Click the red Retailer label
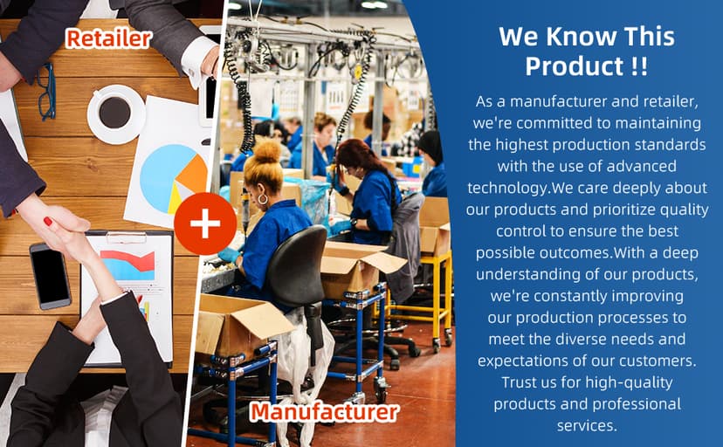[x=108, y=38]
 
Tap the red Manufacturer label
[x=324, y=411]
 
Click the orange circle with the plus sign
[x=205, y=223]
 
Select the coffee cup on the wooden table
[x=116, y=113]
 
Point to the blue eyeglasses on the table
[x=46, y=92]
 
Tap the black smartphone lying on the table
[x=51, y=276]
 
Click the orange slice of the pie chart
[x=194, y=173]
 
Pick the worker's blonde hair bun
[x=267, y=151]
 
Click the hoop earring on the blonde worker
[x=262, y=200]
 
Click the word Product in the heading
[x=574, y=65]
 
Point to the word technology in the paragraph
[x=507, y=188]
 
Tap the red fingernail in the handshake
[x=48, y=221]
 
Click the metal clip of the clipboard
[x=127, y=237]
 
